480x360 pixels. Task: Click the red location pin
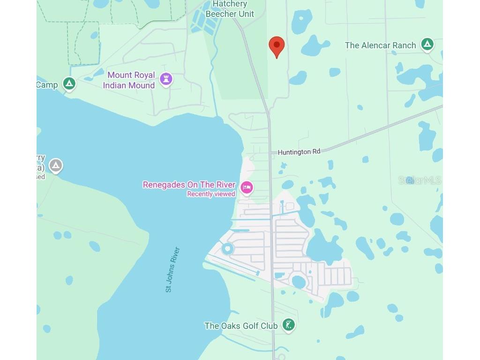277,46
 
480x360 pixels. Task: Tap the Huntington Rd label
299,152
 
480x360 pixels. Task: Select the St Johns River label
172,270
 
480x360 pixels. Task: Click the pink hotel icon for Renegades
247,188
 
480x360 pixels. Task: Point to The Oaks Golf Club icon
288,325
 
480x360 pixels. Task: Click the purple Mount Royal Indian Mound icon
166,79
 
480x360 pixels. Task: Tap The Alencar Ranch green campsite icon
427,45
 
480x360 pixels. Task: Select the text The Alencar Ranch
380,45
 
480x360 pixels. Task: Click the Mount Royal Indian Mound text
129,80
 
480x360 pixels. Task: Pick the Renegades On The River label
189,185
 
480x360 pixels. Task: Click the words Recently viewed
211,194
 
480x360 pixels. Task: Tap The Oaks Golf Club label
241,326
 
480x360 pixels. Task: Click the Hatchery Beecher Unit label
230,9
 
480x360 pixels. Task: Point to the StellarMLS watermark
420,180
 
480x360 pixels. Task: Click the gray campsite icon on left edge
56,165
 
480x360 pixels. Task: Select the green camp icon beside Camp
69,84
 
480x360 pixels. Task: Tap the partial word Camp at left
47,85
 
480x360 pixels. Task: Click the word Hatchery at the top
230,4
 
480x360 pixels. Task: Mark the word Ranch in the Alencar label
405,45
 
